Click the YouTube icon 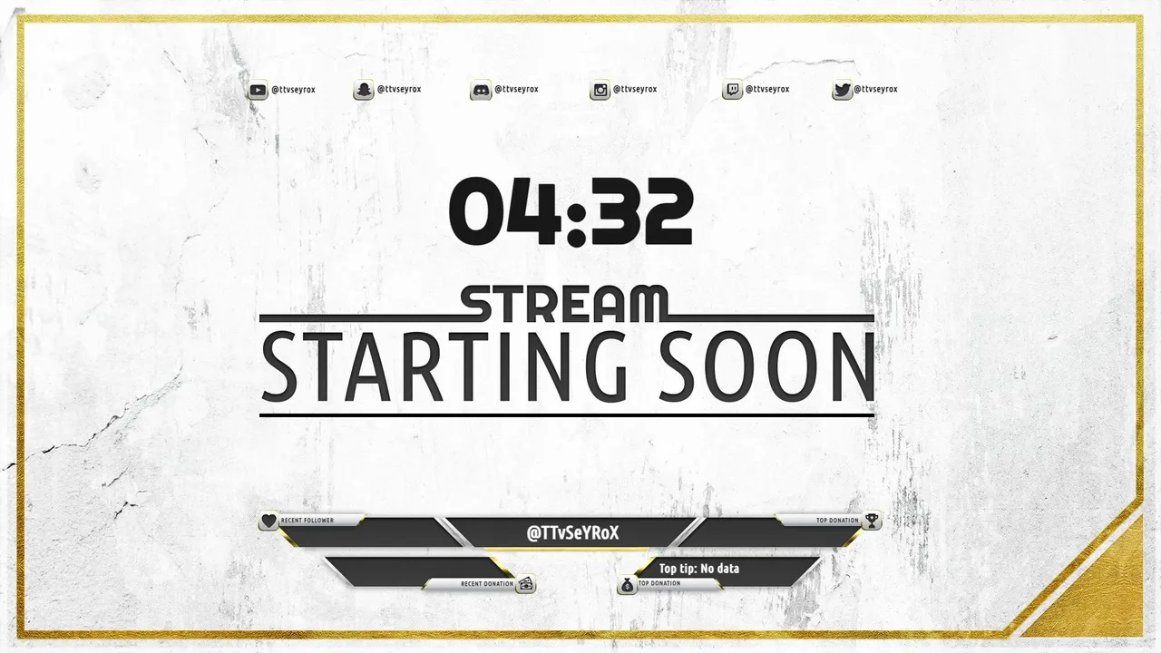(258, 90)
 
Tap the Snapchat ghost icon (364, 90)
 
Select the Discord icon (481, 90)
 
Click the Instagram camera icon (600, 90)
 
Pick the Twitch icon (732, 90)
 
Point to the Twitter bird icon (843, 90)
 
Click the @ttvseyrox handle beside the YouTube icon (293, 90)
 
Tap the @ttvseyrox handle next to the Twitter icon (875, 89)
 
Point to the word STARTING (444, 367)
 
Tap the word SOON (767, 367)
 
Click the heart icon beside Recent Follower (269, 521)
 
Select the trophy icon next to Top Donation (872, 521)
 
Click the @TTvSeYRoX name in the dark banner (572, 533)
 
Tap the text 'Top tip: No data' (698, 569)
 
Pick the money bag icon (627, 585)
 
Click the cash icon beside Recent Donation (526, 584)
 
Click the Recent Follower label (307, 521)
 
